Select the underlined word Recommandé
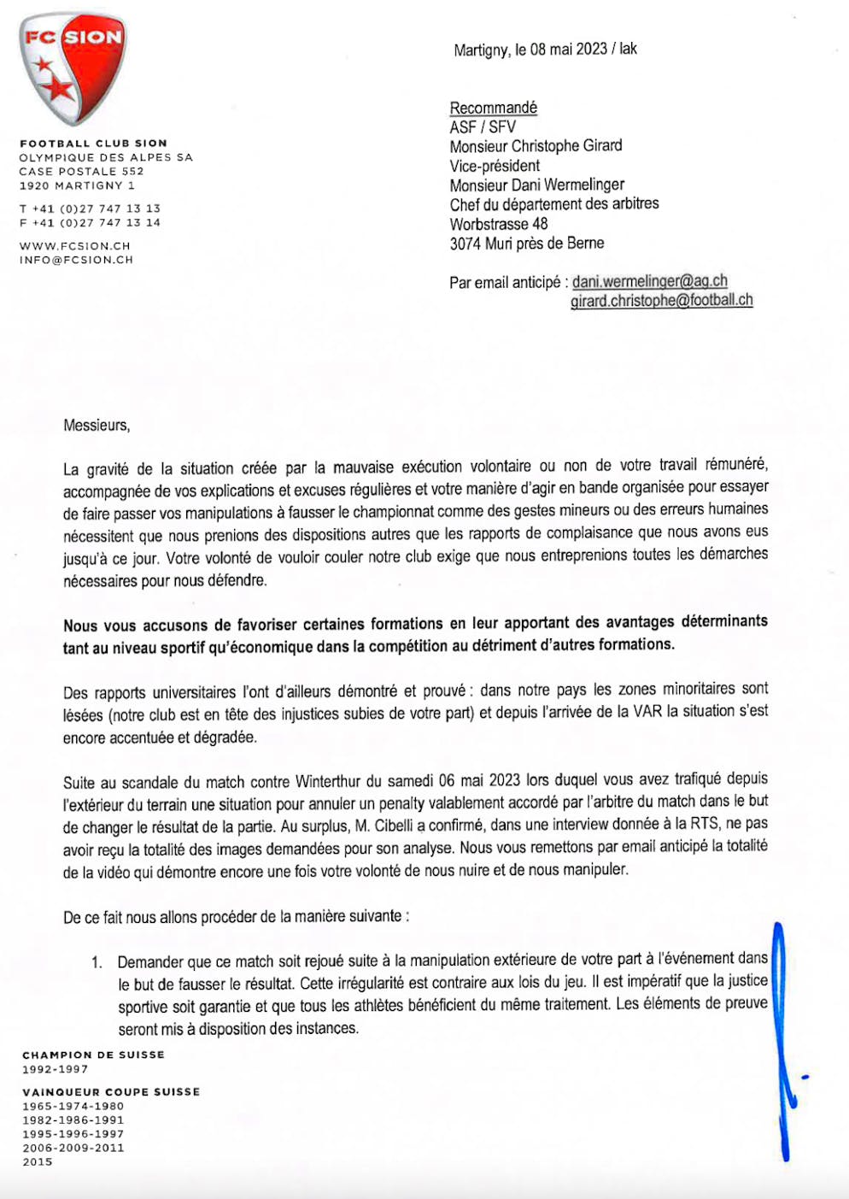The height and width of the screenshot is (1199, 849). (x=493, y=108)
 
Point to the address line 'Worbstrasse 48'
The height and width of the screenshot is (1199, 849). (x=499, y=224)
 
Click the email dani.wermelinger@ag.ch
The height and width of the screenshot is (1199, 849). (x=649, y=281)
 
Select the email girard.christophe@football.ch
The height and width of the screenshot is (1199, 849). (x=661, y=300)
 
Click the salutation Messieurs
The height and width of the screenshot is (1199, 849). (x=97, y=425)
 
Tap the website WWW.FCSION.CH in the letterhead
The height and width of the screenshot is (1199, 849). (x=75, y=246)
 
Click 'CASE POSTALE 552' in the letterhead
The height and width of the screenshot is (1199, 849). (x=82, y=172)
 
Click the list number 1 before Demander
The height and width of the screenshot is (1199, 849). (x=97, y=962)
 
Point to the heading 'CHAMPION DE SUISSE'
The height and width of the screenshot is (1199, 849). (x=93, y=1055)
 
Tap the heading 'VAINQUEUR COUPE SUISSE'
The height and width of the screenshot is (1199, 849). (x=111, y=1092)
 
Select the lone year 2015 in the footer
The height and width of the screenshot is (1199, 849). (x=38, y=1162)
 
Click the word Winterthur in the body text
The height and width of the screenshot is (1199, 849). (x=328, y=781)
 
